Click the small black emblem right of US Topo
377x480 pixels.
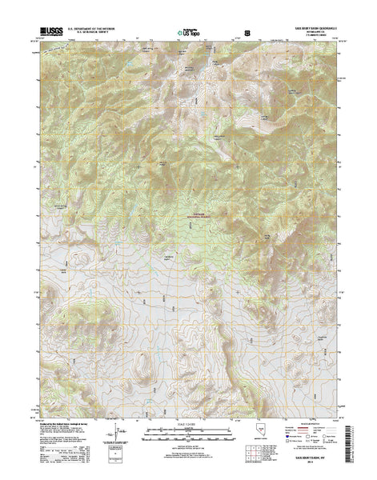pyautogui.click(x=247, y=34)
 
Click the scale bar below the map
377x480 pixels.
pyautogui.click(x=189, y=436)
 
